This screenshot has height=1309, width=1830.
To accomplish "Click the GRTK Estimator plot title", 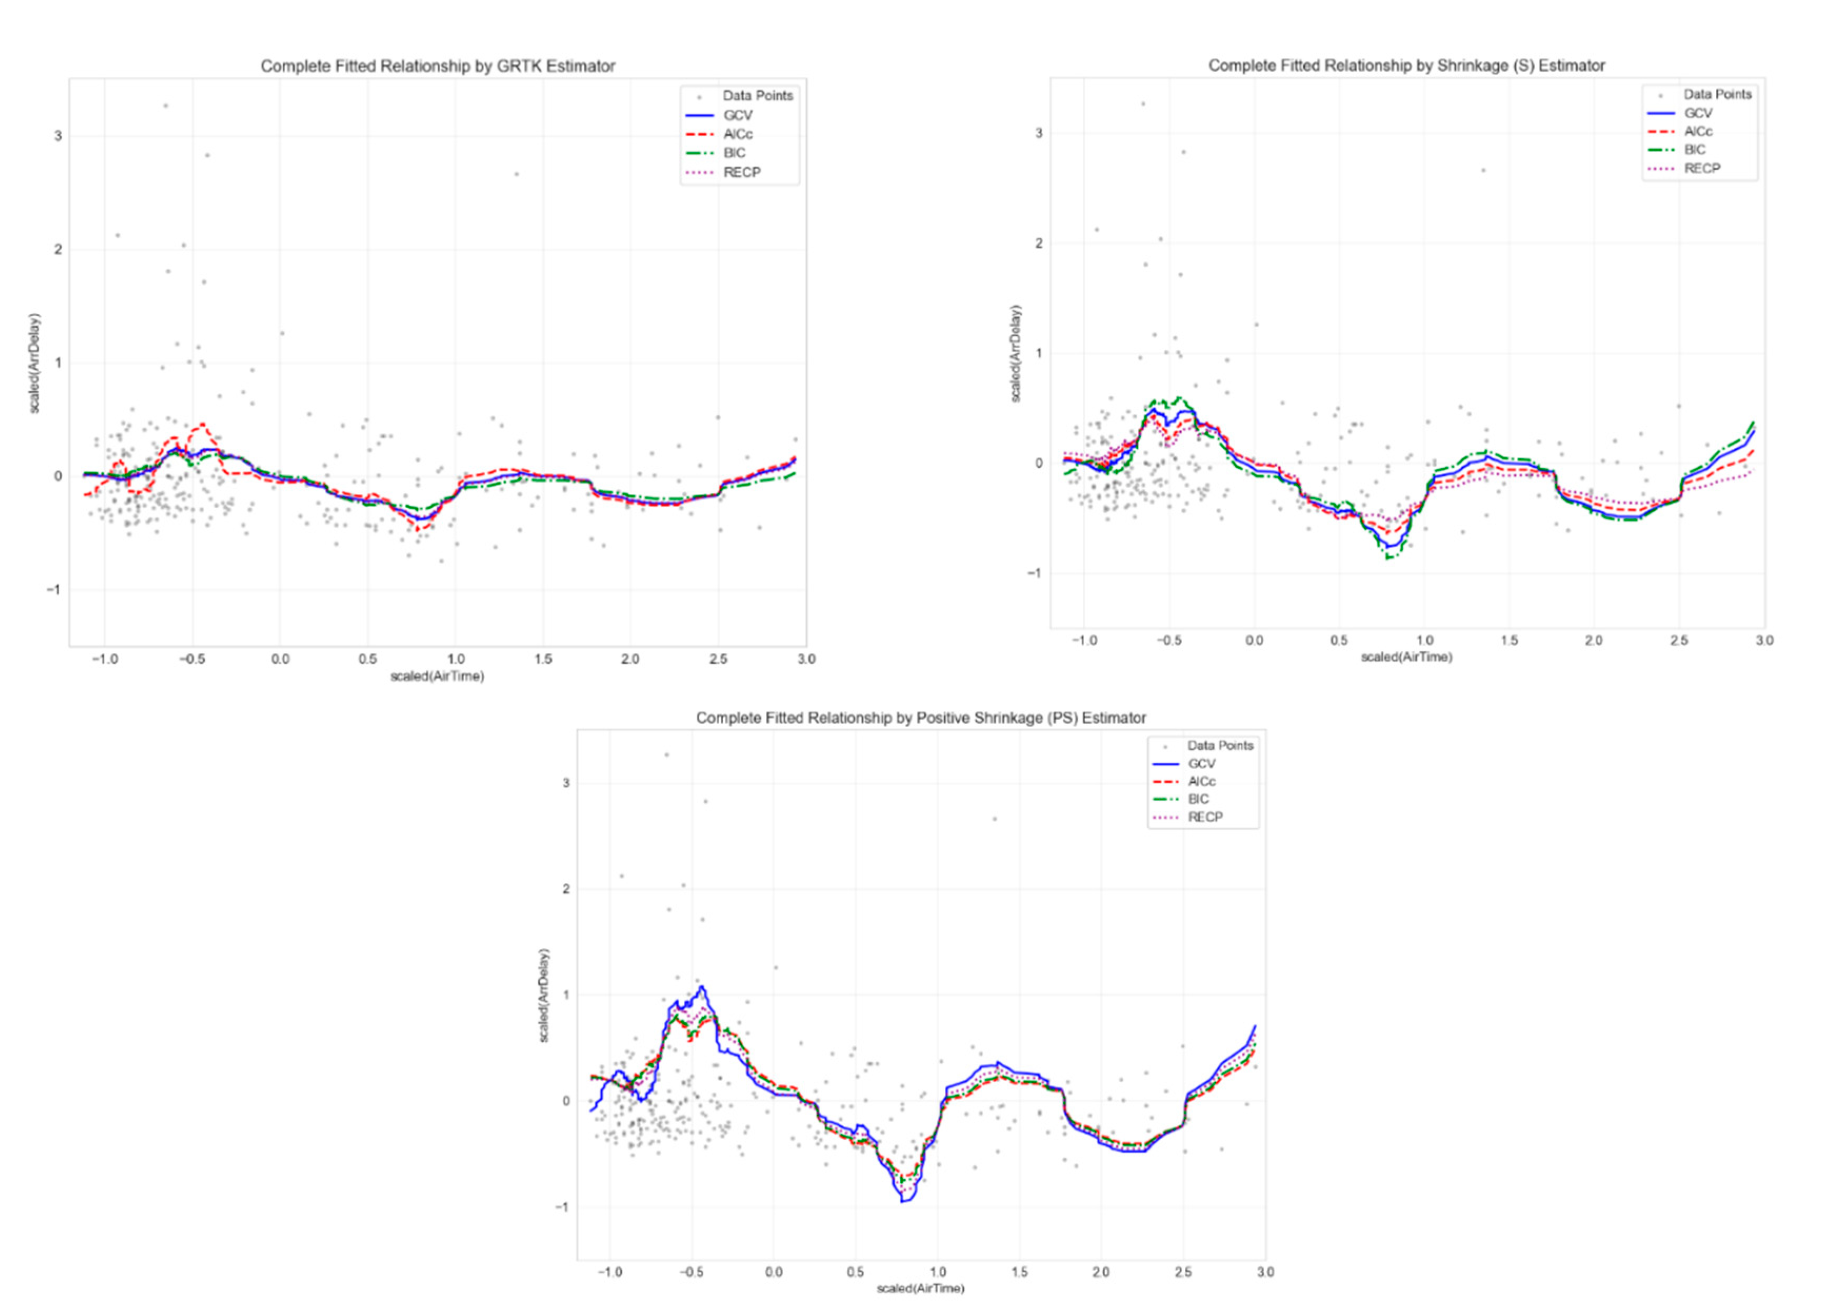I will (438, 66).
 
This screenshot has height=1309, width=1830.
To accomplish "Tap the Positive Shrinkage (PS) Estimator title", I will (921, 717).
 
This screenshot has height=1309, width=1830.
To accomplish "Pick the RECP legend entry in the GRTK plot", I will (742, 172).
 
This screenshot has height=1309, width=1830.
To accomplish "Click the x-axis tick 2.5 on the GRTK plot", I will (717, 659).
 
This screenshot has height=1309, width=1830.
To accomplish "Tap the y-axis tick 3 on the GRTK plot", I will (58, 136).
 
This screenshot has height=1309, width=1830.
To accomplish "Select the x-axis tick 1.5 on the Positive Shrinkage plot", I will (1019, 1272).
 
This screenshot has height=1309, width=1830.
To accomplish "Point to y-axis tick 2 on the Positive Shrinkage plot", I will (565, 889).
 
